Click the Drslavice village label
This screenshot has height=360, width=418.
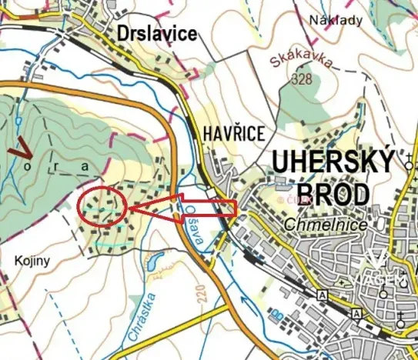tap(157, 33)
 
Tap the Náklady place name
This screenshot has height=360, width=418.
tap(335, 21)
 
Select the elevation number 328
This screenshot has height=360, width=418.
tap(302, 78)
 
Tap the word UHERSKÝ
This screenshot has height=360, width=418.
tap(333, 163)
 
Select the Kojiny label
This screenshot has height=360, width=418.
tap(32, 261)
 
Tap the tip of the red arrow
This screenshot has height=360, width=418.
tap(129, 208)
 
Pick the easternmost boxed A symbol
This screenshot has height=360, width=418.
tap(356, 314)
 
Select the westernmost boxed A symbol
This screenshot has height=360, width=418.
tap(321, 295)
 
